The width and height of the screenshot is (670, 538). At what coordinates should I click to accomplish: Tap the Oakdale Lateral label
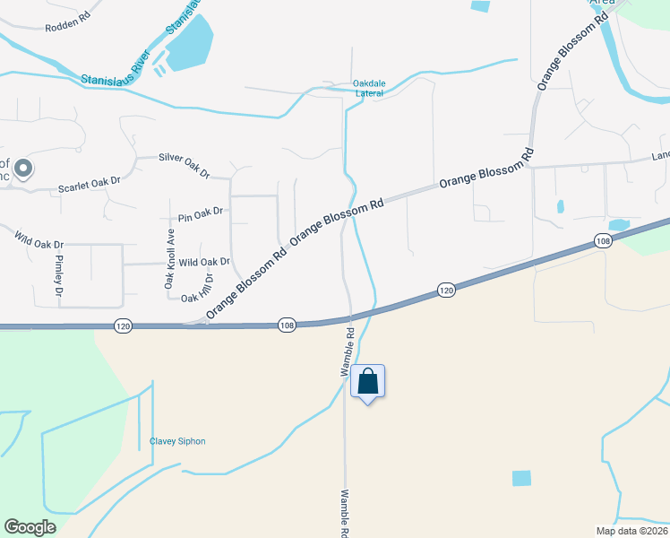coord(369,88)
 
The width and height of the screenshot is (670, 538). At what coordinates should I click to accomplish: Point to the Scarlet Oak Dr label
coord(89,187)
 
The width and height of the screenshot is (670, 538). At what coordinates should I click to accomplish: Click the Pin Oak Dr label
coord(200,215)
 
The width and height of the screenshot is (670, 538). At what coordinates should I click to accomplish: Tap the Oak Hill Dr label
coord(198,298)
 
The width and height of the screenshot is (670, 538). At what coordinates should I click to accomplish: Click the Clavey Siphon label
coord(177,441)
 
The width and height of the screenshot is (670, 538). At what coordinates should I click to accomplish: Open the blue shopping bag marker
coord(368,382)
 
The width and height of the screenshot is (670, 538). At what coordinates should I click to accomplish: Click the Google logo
coord(30,527)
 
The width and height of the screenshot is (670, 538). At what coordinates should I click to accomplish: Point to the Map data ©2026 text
coord(631,531)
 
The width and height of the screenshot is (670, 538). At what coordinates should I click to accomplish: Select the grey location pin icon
coord(24,169)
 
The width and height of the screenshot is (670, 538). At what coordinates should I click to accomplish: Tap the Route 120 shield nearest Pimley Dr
coord(124,327)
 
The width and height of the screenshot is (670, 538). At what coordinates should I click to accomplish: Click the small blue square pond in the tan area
coord(521,478)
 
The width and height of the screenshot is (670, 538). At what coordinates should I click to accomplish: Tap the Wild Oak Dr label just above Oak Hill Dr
coord(204,263)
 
